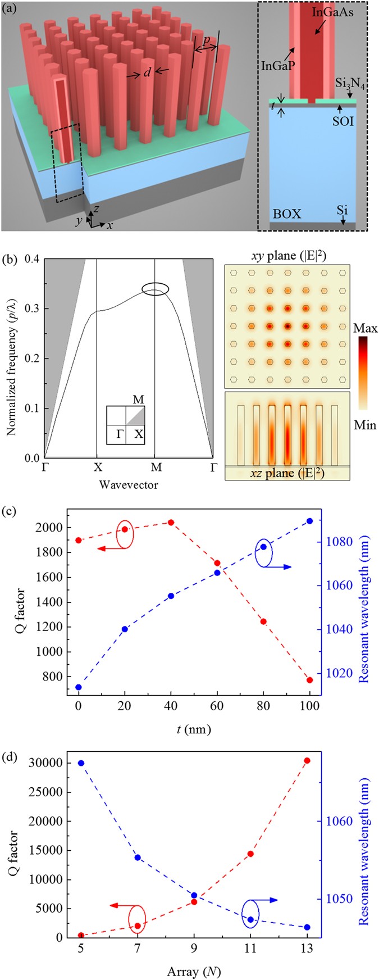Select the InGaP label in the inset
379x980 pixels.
pyautogui.click(x=280, y=64)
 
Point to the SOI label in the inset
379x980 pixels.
pyautogui.click(x=343, y=120)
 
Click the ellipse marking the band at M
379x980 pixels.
pyautogui.click(x=155, y=289)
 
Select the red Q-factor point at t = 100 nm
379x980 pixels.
pyautogui.click(x=309, y=680)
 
